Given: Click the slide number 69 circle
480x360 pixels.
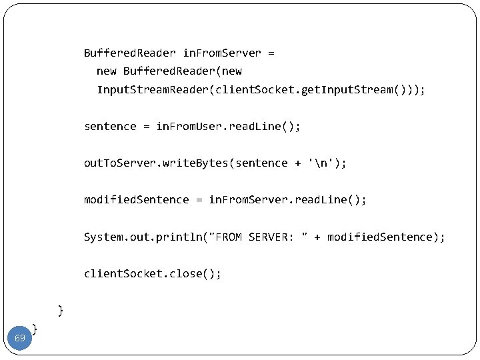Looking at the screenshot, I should (20, 338).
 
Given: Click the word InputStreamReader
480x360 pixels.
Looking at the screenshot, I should (153, 89).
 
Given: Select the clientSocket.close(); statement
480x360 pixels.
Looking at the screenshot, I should (152, 273).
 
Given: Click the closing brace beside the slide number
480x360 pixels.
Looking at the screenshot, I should (35, 328).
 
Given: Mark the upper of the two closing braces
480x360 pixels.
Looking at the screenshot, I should (61, 310).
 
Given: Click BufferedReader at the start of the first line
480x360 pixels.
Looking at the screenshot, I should (129, 52).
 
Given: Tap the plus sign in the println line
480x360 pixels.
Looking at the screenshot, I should (317, 237).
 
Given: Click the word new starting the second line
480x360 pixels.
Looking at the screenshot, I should (107, 71).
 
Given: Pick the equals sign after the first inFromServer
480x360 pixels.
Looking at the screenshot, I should (271, 52).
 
